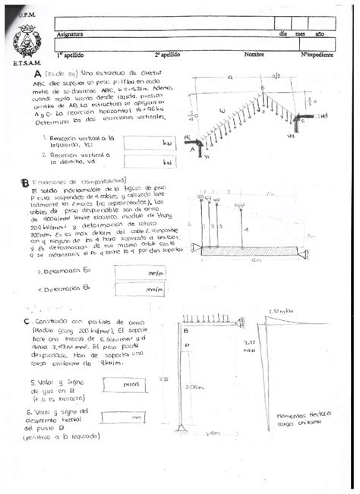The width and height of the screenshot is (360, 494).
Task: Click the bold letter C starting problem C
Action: pyautogui.click(x=27, y=322)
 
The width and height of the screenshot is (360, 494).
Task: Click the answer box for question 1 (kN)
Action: pyautogui.click(x=149, y=142)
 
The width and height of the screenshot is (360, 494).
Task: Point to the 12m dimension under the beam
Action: pyautogui.click(x=241, y=260)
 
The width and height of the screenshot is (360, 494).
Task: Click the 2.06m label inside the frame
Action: pyautogui.click(x=195, y=387)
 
